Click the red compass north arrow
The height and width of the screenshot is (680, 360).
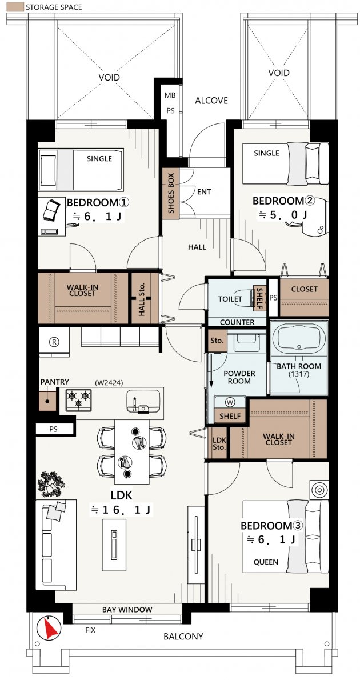[x=49, y=627]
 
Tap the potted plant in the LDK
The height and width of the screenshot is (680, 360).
[x=51, y=484]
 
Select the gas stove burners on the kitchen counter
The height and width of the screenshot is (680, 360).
[x=78, y=398]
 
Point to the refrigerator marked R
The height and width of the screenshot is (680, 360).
[x=54, y=341]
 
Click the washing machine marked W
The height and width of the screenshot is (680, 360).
[x=230, y=402]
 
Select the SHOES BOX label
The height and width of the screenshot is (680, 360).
[x=170, y=193]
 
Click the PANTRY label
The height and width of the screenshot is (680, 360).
[x=54, y=382]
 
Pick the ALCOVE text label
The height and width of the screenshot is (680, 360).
[x=211, y=101]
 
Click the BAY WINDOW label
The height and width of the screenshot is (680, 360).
[x=127, y=609]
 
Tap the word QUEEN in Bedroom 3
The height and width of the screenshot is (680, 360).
[x=266, y=562]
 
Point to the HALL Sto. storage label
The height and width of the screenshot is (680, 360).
[x=141, y=298]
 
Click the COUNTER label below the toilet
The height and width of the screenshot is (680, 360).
[x=237, y=322]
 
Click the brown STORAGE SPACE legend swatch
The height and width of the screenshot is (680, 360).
[x=15, y=7]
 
